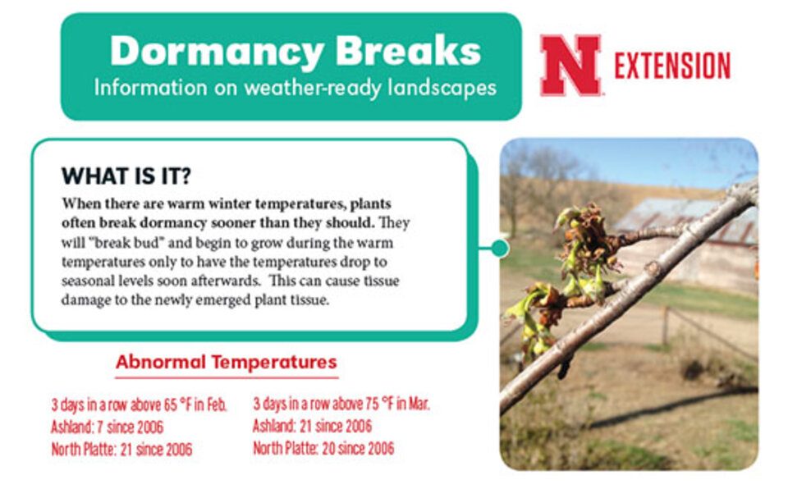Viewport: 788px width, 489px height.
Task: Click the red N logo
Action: (x=570, y=66)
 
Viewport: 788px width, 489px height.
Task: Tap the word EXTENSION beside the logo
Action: (x=672, y=66)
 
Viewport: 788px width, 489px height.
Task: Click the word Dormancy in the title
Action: (x=208, y=51)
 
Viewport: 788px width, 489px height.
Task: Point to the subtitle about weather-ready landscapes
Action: (x=295, y=88)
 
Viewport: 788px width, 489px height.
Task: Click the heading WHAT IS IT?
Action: (x=126, y=176)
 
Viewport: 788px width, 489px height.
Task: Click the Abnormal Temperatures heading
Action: (x=226, y=362)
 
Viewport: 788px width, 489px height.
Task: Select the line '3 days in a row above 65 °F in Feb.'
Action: (x=139, y=405)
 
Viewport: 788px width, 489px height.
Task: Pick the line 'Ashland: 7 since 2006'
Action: (x=107, y=427)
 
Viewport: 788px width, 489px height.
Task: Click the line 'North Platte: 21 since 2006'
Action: (x=121, y=450)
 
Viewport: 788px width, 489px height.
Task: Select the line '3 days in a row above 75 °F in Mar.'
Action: (x=341, y=404)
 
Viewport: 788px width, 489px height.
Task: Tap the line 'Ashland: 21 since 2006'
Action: (x=312, y=427)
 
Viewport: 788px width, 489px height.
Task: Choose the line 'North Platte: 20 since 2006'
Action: (x=323, y=449)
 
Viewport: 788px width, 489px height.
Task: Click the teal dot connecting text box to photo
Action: (x=499, y=247)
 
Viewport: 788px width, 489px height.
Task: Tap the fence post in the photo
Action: (x=665, y=325)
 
